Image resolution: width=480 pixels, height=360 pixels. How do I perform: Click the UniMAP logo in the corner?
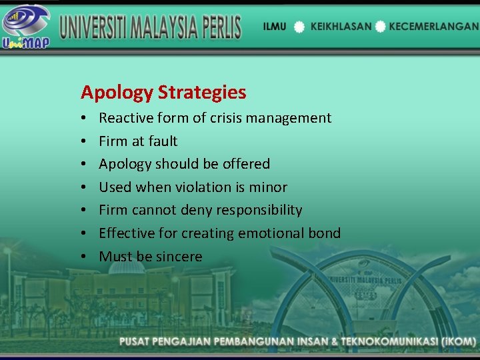click(x=26, y=26)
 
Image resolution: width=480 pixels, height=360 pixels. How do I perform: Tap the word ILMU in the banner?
click(x=275, y=27)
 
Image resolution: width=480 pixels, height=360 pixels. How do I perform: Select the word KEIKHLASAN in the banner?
click(x=339, y=27)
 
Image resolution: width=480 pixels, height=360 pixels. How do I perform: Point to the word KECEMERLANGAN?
click(x=433, y=27)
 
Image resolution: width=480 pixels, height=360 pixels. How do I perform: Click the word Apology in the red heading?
click(x=117, y=93)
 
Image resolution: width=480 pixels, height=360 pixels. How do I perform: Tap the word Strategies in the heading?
click(x=202, y=93)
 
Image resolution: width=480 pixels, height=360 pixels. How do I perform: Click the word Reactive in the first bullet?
click(x=125, y=118)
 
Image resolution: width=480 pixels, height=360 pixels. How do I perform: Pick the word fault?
click(x=163, y=141)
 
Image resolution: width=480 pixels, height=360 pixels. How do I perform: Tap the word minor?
click(x=267, y=187)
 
